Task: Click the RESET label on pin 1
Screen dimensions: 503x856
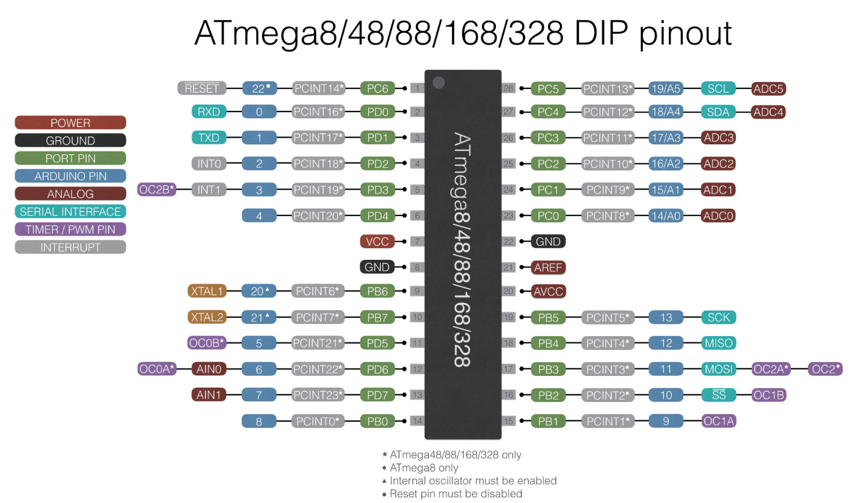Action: pos(201,88)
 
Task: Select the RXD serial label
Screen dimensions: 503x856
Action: pos(208,111)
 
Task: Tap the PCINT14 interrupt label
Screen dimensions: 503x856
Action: pos(319,88)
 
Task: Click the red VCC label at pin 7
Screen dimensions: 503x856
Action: pos(377,241)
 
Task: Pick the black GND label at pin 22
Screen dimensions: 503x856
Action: pos(548,241)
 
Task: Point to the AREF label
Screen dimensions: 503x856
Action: pos(548,267)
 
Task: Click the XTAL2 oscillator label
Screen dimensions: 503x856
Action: pos(207,317)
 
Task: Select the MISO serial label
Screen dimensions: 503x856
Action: pos(718,343)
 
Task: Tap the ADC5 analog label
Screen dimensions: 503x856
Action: pos(768,89)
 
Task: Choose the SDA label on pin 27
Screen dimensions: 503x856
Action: pos(718,112)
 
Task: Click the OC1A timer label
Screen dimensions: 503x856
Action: pos(719,421)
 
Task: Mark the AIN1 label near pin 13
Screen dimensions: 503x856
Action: pos(208,395)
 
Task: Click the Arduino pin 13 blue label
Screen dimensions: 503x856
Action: pos(666,317)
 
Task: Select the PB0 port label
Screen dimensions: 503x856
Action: pos(377,421)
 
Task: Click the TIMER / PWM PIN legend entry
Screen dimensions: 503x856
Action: pos(70,229)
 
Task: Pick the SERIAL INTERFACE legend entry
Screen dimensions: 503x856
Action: pos(70,211)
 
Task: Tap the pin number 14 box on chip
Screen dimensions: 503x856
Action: pos(417,421)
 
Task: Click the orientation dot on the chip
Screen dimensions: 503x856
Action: pos(439,83)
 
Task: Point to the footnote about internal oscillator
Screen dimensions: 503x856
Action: pos(473,480)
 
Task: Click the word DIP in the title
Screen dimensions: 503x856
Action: pos(601,33)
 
